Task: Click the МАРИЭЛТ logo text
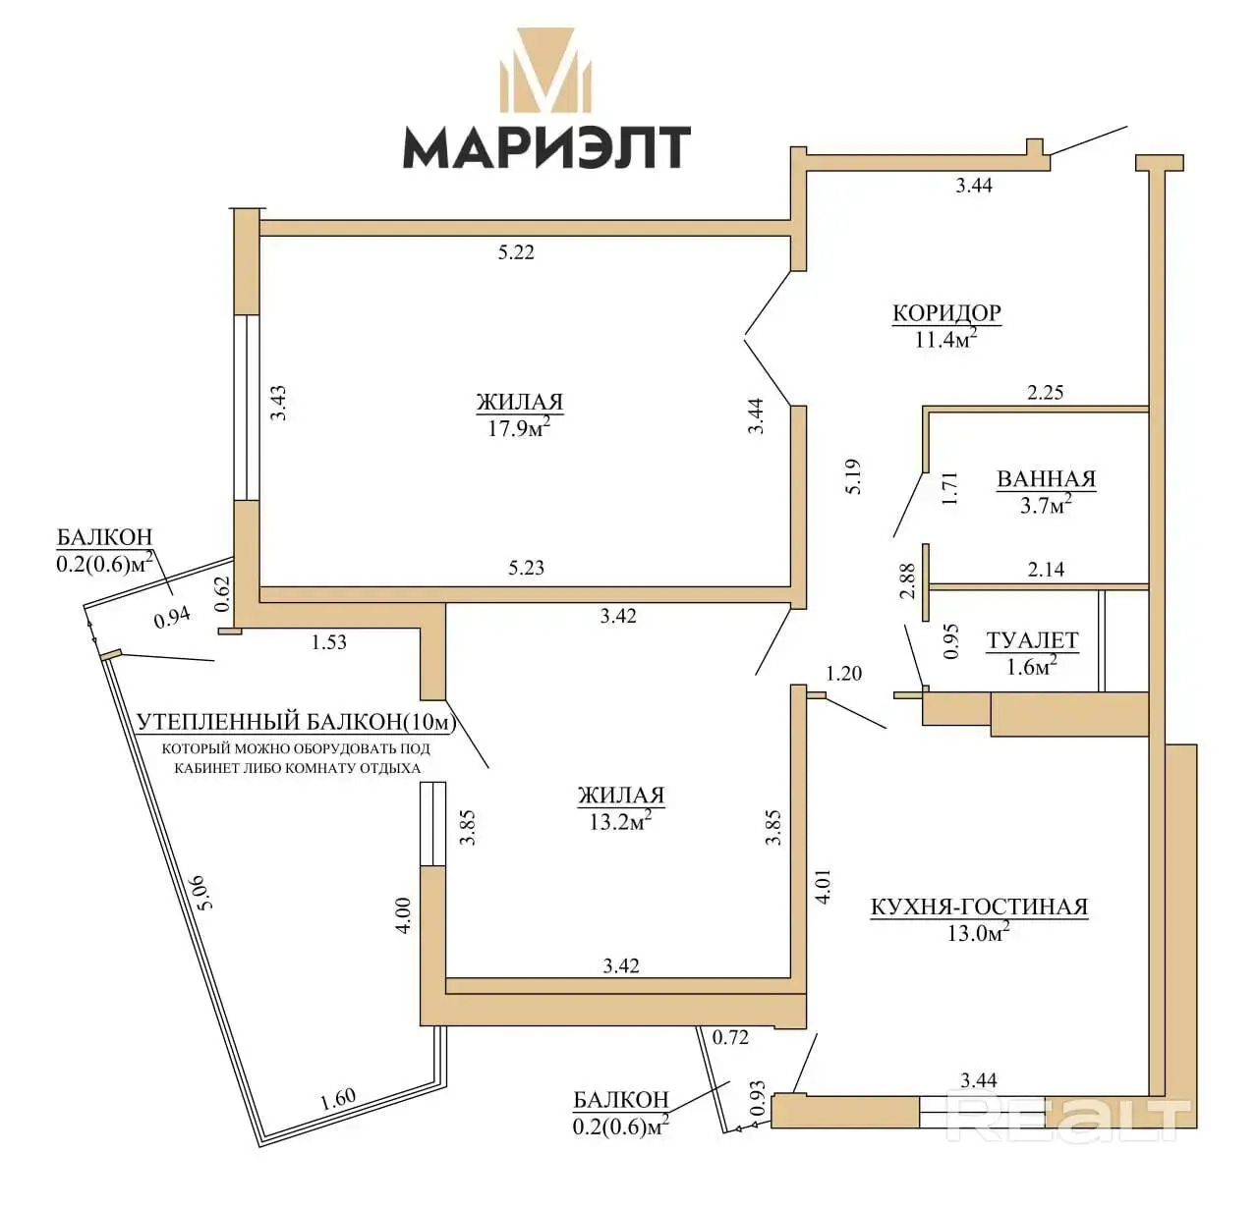546,147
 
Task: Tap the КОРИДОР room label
946,312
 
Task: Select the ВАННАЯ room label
1047,478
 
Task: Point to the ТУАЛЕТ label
1032,640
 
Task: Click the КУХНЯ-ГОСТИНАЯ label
980,907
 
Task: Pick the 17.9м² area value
519,427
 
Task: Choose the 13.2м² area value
620,821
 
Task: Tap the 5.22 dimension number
516,252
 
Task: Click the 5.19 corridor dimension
853,476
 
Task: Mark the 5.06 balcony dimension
202,892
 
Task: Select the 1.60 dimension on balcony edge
337,1099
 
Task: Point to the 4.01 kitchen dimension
823,886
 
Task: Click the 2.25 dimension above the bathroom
1046,392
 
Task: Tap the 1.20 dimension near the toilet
843,673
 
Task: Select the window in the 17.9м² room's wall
247,408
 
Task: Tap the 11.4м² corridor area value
945,339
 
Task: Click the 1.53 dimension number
329,642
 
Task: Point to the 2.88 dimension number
907,580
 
